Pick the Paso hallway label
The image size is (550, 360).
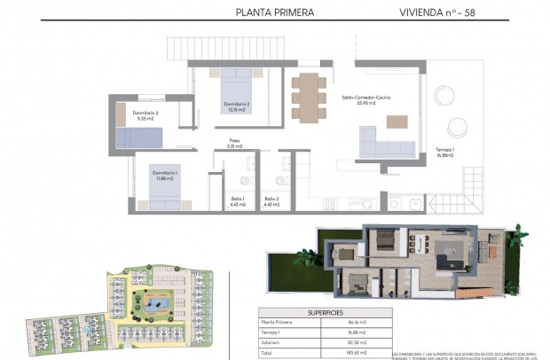tap(234, 143)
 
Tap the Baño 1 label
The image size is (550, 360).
tap(237, 201)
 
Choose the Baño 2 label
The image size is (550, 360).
tap(271, 201)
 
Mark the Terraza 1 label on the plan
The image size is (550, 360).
tap(445, 152)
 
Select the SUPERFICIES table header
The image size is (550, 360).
tap(326, 312)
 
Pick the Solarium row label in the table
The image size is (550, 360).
tap(271, 341)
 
